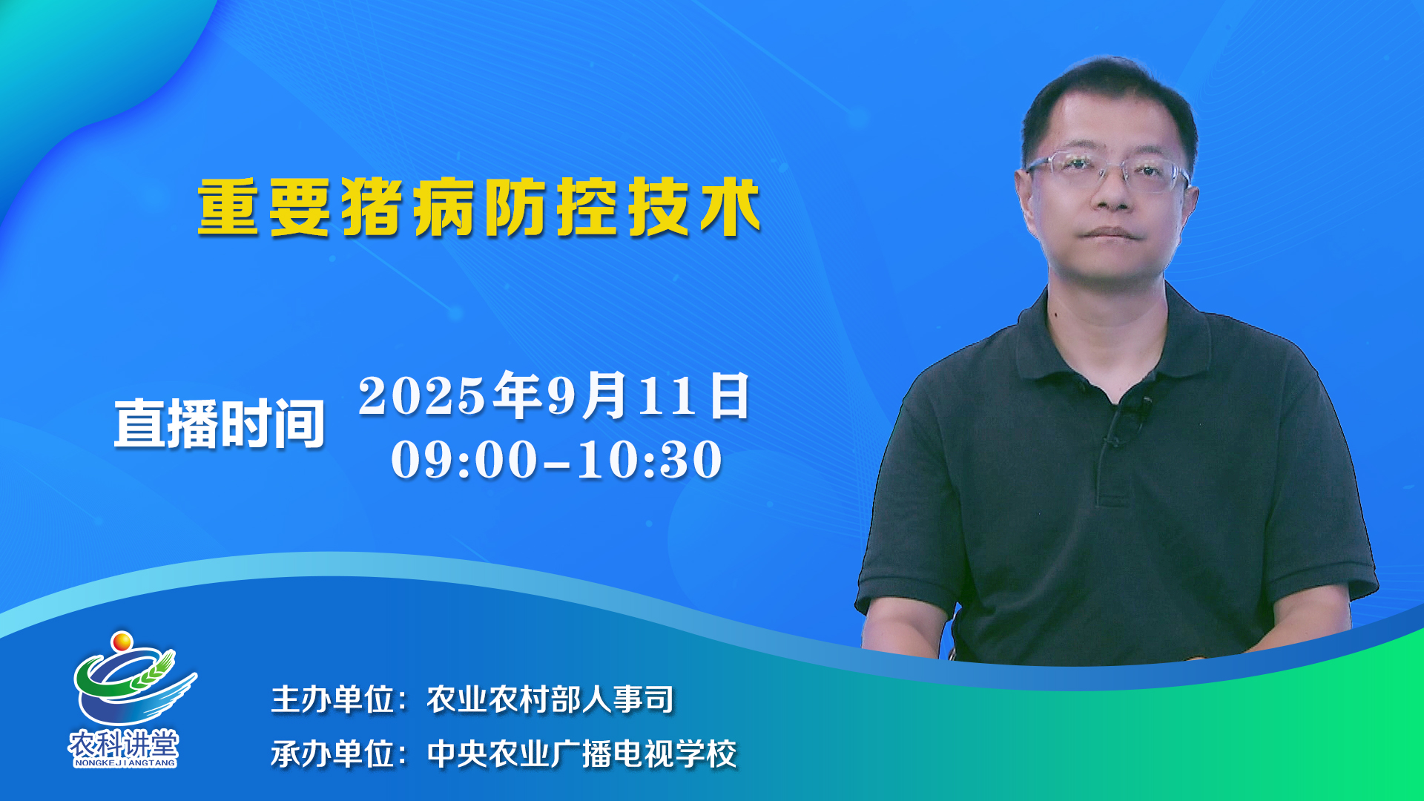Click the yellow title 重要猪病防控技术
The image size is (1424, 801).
(479, 207)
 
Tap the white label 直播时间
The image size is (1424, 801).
(220, 423)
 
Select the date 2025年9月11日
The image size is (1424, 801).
(555, 395)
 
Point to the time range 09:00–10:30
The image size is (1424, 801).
(556, 459)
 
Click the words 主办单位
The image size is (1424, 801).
(332, 699)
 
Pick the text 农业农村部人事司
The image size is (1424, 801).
(550, 699)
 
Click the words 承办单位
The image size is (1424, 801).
(332, 754)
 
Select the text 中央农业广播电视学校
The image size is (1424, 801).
(581, 754)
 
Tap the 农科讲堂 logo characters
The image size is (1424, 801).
(124, 743)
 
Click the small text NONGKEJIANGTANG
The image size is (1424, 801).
(125, 762)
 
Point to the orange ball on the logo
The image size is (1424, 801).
(122, 640)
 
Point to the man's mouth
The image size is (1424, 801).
(1109, 234)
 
